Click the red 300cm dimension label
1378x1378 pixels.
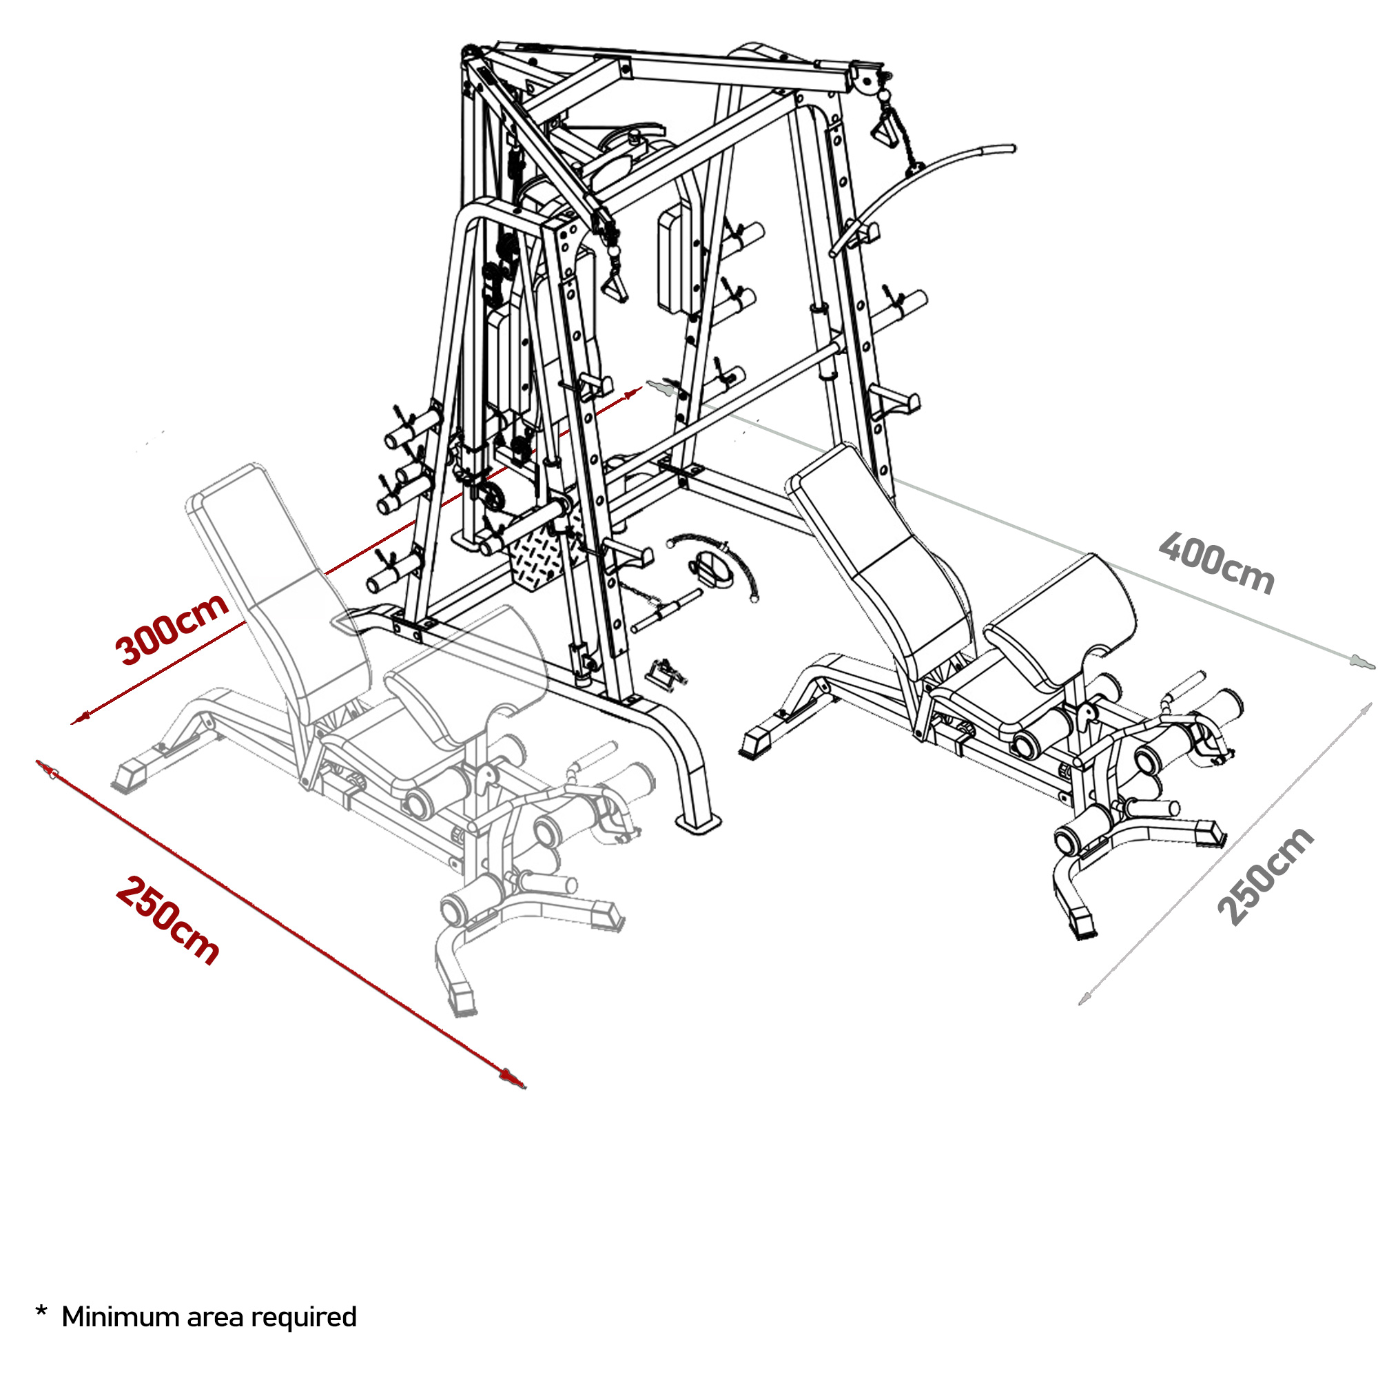[171, 629]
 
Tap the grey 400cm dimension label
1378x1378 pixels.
[1215, 564]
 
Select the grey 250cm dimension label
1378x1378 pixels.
[1264, 876]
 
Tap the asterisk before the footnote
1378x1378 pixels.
[41, 1313]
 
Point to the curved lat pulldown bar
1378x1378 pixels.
[927, 185]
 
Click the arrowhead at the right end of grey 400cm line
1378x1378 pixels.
[1359, 662]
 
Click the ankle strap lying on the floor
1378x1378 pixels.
[710, 567]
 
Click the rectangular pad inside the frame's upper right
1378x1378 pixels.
[674, 260]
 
